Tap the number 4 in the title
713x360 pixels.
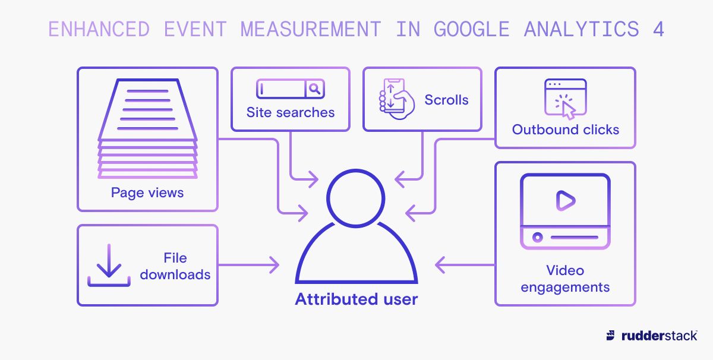(x=658, y=29)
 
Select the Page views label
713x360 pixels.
(x=147, y=192)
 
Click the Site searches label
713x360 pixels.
(x=291, y=112)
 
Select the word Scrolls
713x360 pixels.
(x=446, y=100)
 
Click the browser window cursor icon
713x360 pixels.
(x=565, y=99)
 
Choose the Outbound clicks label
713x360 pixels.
(x=566, y=130)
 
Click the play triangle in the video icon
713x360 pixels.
(x=566, y=201)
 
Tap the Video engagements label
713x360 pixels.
(x=565, y=279)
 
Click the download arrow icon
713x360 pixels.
(x=109, y=265)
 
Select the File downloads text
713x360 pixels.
(x=175, y=266)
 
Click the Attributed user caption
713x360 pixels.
(x=356, y=299)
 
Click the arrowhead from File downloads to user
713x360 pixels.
(x=275, y=265)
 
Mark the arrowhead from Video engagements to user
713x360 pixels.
(x=440, y=265)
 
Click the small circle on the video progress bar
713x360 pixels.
(x=538, y=237)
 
